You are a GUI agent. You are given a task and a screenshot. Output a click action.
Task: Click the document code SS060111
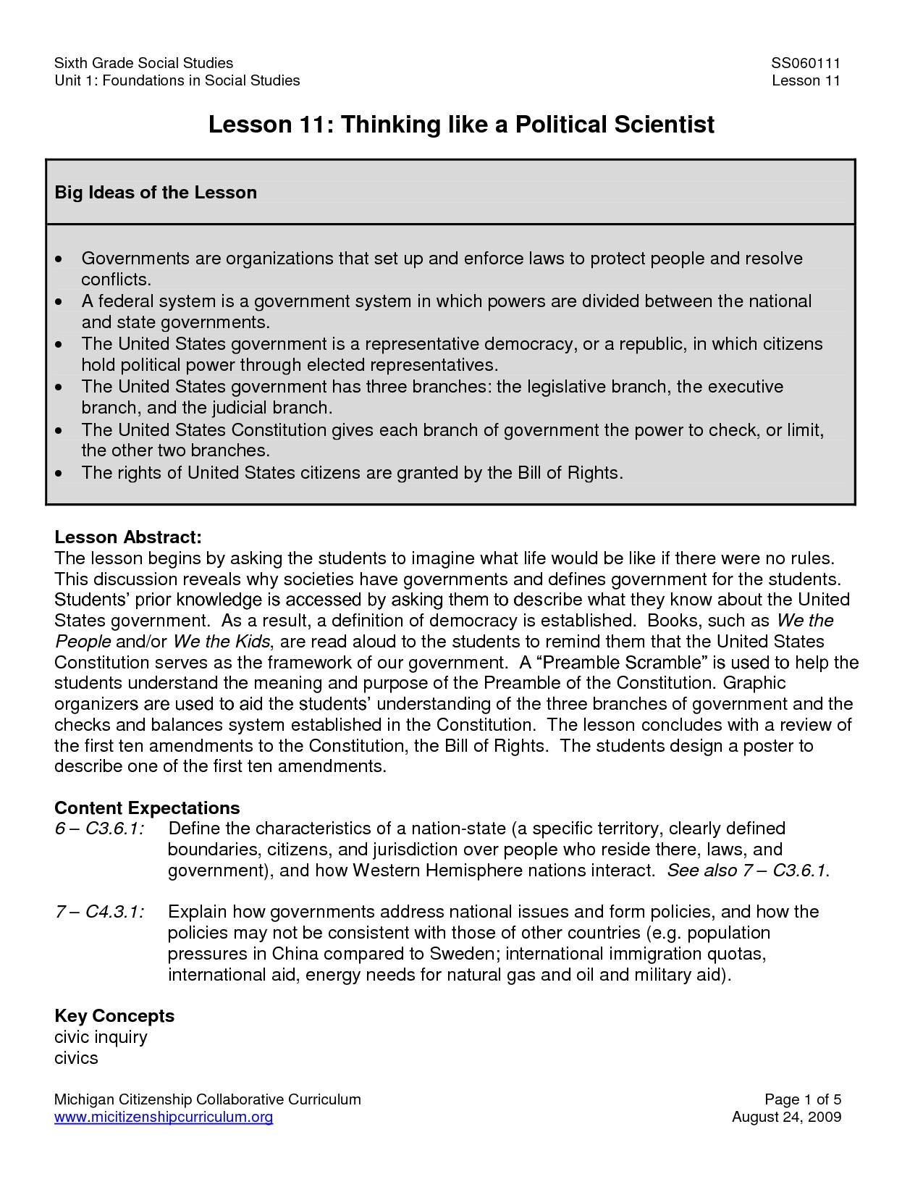805,63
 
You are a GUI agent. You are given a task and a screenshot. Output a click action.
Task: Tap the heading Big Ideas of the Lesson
156,193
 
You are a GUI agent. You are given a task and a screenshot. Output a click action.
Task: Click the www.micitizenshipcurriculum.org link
164,1117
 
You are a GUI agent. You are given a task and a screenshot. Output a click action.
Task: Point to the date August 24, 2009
786,1117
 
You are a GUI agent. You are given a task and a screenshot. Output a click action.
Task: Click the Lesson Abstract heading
127,537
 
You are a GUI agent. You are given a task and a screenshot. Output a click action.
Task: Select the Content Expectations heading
147,808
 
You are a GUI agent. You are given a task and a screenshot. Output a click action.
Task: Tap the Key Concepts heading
114,1016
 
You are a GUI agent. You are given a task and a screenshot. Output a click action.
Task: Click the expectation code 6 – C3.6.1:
98,829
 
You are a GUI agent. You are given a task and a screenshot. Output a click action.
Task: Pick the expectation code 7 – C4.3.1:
98,912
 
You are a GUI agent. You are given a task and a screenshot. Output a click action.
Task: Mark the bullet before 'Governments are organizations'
59,259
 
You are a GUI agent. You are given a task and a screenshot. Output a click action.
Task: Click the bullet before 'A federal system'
59,301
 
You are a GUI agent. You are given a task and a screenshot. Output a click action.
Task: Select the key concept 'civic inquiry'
101,1037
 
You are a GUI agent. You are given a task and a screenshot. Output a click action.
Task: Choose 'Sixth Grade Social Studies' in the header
143,63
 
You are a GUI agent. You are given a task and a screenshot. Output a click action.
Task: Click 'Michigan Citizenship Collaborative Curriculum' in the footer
207,1099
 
